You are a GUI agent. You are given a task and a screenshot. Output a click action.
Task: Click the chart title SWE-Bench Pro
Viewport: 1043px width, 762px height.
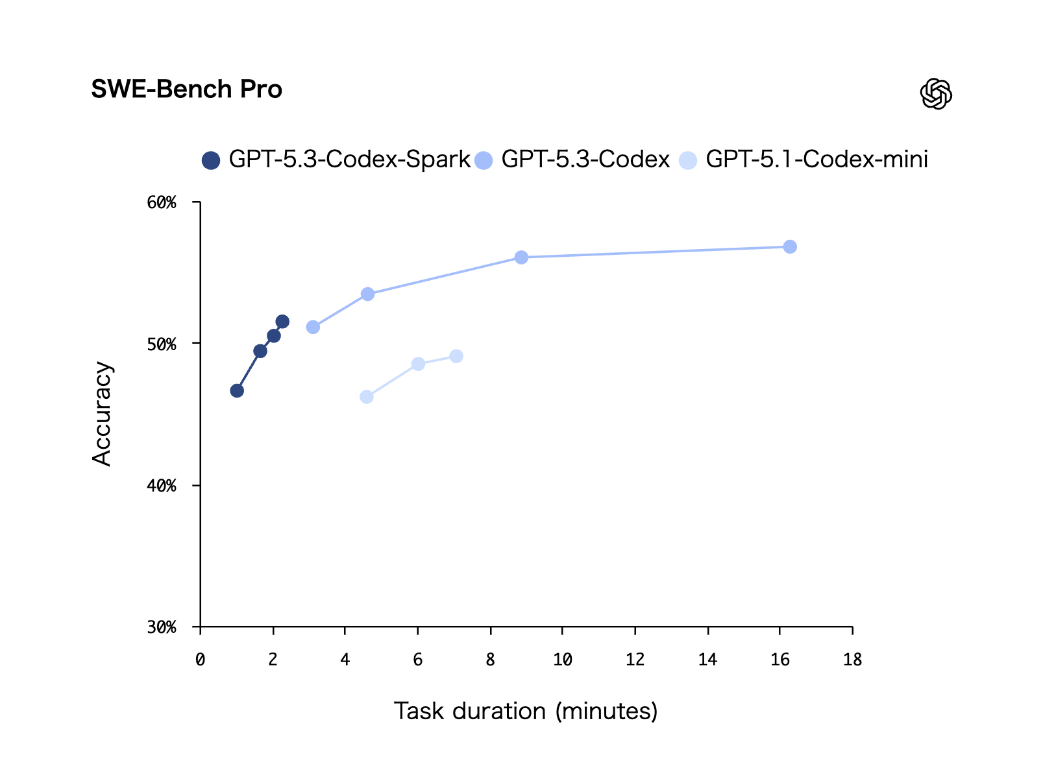pyautogui.click(x=186, y=89)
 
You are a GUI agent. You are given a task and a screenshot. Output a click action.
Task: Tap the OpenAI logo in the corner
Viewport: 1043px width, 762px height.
pyautogui.click(x=935, y=94)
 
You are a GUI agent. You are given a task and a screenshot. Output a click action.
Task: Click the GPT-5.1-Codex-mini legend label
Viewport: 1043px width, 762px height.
pyautogui.click(x=816, y=160)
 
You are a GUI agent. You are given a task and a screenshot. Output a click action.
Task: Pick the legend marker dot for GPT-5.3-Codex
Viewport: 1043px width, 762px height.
pyautogui.click(x=484, y=160)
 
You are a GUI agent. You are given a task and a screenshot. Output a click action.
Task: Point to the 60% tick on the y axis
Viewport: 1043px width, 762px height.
pyautogui.click(x=162, y=203)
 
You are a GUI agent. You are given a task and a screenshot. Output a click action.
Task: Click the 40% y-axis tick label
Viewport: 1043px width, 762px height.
pyautogui.click(x=162, y=486)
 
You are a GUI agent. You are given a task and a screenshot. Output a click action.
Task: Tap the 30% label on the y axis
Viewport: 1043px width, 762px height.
pyautogui.click(x=162, y=627)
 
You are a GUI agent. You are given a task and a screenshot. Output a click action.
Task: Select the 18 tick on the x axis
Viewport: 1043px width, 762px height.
pyautogui.click(x=852, y=660)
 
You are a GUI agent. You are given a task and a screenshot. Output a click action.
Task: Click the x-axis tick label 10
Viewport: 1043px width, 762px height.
pyautogui.click(x=562, y=660)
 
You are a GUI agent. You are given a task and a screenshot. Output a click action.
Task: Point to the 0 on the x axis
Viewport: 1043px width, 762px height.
pyautogui.click(x=200, y=660)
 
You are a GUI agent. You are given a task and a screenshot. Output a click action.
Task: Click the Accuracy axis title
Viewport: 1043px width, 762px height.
pyautogui.click(x=103, y=414)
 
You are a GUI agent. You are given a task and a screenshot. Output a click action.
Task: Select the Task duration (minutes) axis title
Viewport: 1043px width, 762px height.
pyautogui.click(x=526, y=711)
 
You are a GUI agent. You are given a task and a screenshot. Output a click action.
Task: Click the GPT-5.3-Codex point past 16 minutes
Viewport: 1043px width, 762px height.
pyautogui.click(x=789, y=247)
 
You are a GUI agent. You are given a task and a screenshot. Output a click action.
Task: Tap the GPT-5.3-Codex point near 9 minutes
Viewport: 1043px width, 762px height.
pyautogui.click(x=521, y=257)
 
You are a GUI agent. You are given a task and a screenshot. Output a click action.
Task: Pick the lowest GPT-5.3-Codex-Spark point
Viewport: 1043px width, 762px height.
pyautogui.click(x=237, y=390)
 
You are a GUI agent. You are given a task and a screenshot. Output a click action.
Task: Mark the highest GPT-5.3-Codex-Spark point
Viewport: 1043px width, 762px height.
pyautogui.click(x=282, y=322)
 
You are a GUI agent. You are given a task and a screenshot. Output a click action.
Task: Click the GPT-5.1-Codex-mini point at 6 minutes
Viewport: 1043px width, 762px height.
pyautogui.click(x=418, y=364)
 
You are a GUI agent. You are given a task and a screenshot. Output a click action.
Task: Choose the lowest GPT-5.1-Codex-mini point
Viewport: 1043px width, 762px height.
pyautogui.click(x=367, y=397)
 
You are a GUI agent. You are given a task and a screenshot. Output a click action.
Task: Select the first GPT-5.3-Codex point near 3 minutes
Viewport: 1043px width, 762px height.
pyautogui.click(x=313, y=327)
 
